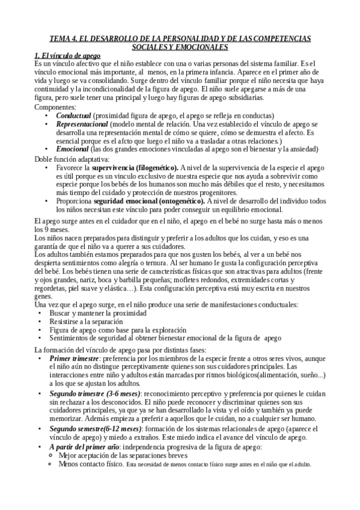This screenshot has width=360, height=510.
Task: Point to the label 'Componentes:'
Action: coord(56,106)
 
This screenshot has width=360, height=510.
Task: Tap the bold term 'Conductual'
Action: coord(74,115)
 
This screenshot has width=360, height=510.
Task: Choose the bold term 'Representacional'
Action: coord(82,123)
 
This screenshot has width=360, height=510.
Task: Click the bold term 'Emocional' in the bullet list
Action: coord(73,149)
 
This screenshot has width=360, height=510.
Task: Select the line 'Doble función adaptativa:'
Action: coord(72,159)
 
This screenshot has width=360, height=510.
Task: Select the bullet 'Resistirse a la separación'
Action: coord(91,322)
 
